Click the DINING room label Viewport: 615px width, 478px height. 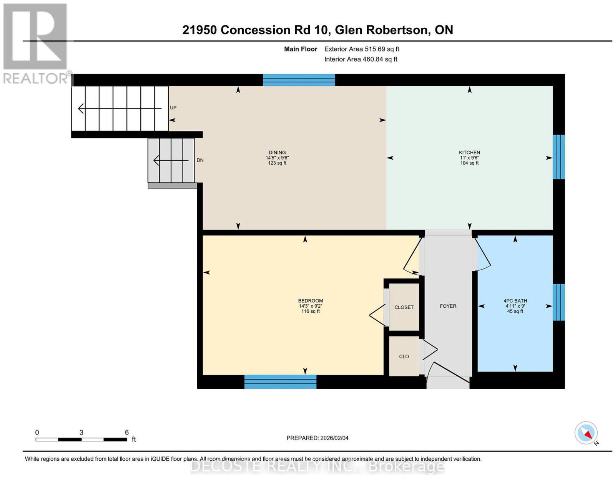(277, 153)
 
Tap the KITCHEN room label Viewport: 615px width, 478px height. (469, 153)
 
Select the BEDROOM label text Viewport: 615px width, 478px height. (311, 301)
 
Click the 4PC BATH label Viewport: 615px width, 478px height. (515, 301)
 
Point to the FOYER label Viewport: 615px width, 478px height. (448, 306)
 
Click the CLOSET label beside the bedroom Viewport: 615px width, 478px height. (404, 307)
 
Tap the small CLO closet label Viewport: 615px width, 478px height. (404, 356)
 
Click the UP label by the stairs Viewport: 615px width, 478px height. (173, 108)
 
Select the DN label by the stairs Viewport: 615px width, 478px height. (200, 160)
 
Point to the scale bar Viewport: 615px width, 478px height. (81, 440)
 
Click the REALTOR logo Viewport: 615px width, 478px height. (36, 43)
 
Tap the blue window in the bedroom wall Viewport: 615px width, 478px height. (280, 381)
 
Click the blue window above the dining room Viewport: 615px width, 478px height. (299, 80)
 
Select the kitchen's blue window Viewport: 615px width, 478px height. (558, 157)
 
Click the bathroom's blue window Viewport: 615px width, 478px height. (558, 302)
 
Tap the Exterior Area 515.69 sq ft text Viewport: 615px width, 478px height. (362, 49)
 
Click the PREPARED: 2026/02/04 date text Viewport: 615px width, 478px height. (317, 438)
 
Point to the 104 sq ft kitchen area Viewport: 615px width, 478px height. (469, 163)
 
